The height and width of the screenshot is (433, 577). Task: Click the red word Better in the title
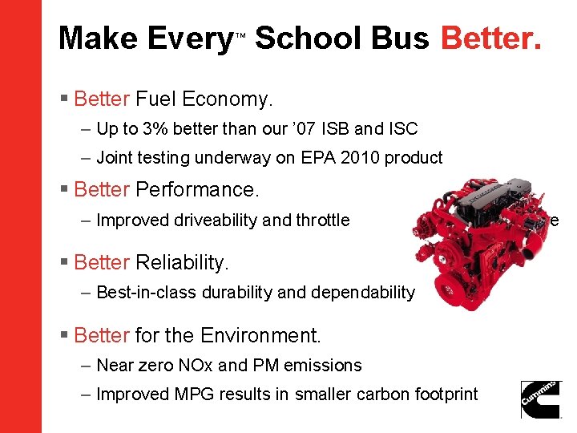[491, 38]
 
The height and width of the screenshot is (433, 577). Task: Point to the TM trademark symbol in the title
[240, 36]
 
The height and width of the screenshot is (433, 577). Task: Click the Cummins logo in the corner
[541, 399]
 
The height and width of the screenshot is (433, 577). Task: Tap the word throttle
[323, 220]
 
